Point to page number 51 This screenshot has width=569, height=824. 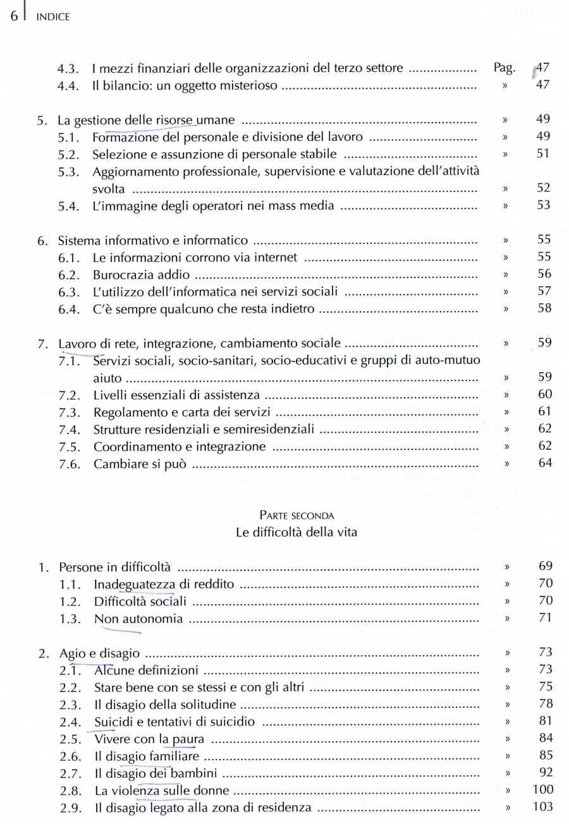pyautogui.click(x=543, y=154)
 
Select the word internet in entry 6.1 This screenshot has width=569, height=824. pyautogui.click(x=277, y=257)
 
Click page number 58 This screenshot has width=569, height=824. pyautogui.click(x=543, y=308)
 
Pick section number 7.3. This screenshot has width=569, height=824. pyautogui.click(x=69, y=412)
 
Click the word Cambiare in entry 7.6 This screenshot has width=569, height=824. pyautogui.click(x=116, y=463)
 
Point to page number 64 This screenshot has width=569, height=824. pyautogui.click(x=543, y=463)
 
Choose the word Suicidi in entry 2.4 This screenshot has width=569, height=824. pyautogui.click(x=111, y=721)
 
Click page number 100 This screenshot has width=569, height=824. pyautogui.click(x=542, y=789)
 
